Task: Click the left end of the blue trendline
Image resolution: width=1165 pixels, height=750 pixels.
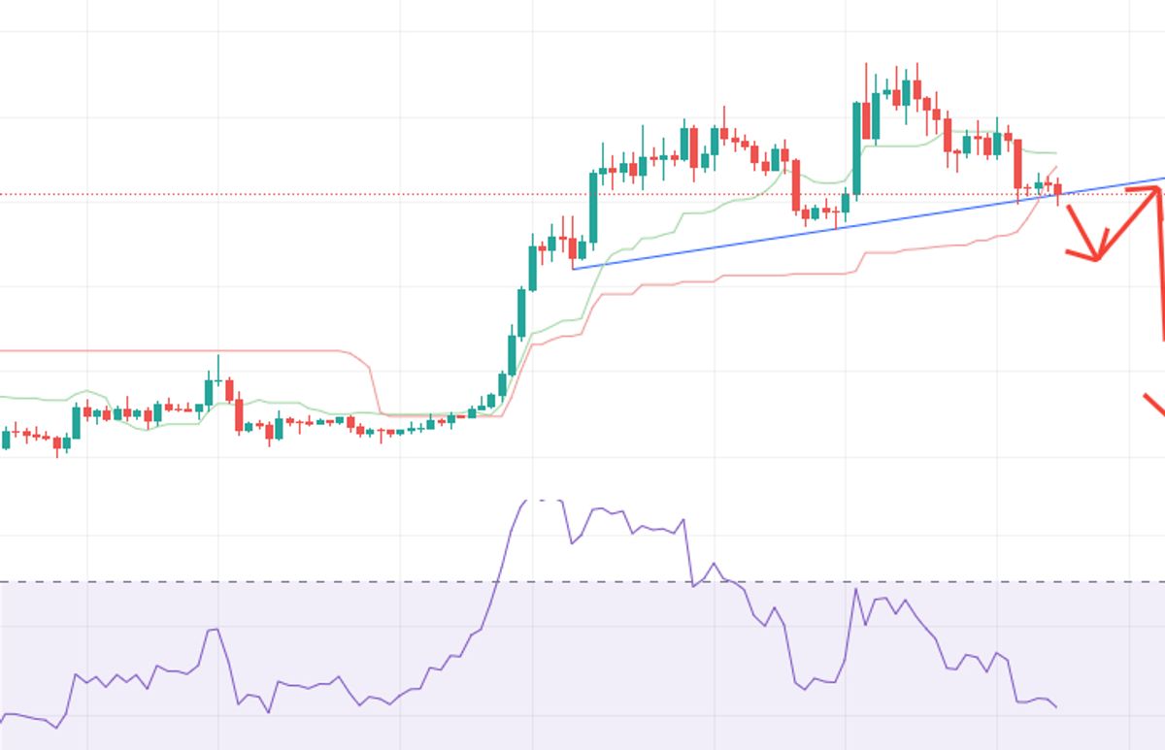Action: pyautogui.click(x=574, y=269)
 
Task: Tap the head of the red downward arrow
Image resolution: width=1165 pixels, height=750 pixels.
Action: pyautogui.click(x=1096, y=257)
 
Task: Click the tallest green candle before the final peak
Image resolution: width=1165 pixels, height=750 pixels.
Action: pyautogui.click(x=856, y=146)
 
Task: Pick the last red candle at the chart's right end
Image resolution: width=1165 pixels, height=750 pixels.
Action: pyautogui.click(x=1057, y=189)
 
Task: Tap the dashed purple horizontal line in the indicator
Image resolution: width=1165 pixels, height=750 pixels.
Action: pyautogui.click(x=291, y=582)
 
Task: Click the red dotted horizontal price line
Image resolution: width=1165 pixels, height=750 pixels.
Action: pyautogui.click(x=291, y=194)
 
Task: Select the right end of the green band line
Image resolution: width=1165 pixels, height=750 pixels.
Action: pyautogui.click(x=1056, y=153)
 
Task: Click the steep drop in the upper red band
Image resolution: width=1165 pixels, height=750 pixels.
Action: pyautogui.click(x=375, y=383)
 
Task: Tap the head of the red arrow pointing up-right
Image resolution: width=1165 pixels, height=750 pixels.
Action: pyautogui.click(x=1155, y=191)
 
